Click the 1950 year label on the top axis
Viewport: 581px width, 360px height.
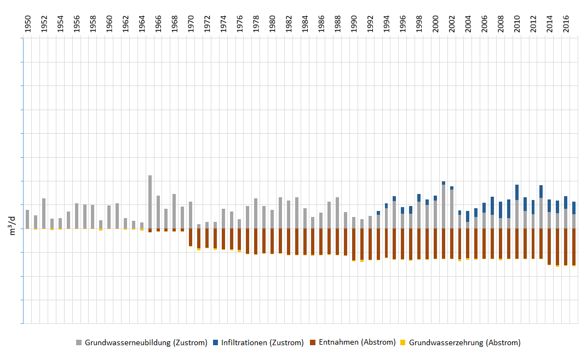pyautogui.click(x=27, y=25)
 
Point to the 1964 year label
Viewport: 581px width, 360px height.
pyautogui.click(x=142, y=25)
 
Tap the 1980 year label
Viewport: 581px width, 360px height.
pyautogui.click(x=272, y=25)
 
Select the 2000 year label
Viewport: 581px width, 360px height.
pyautogui.click(x=435, y=25)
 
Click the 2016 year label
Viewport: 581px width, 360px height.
pyautogui.click(x=566, y=25)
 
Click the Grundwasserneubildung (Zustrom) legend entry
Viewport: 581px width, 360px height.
pyautogui.click(x=146, y=342)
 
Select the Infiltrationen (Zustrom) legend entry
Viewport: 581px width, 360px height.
pyautogui.click(x=262, y=342)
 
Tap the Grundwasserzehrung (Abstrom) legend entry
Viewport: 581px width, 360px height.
pyautogui.click(x=464, y=342)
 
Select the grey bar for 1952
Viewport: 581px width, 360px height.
pyautogui.click(x=44, y=214)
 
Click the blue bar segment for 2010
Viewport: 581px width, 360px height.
pyautogui.click(x=517, y=192)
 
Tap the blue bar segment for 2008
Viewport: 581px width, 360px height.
pyautogui.click(x=501, y=210)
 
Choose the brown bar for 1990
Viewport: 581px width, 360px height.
pyautogui.click(x=354, y=244)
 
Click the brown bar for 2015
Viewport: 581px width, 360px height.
pyautogui.click(x=557, y=247)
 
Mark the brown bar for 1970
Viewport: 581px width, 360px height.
pyautogui.click(x=191, y=237)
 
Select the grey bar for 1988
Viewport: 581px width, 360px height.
pyautogui.click(x=337, y=213)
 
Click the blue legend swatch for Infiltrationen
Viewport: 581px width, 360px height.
pyautogui.click(x=216, y=342)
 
